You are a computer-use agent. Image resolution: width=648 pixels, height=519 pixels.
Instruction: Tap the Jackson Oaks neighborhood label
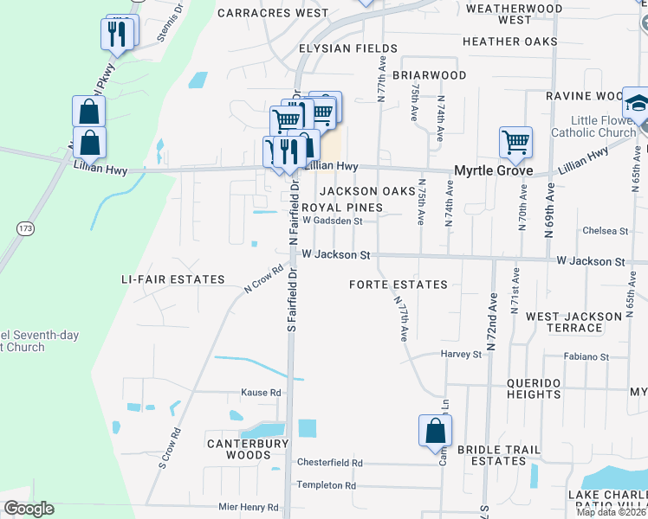pyautogui.click(x=361, y=191)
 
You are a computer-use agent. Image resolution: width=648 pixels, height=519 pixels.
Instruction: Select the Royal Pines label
pyautogui.click(x=341, y=208)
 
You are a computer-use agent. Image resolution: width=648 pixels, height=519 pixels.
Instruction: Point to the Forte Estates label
pyautogui.click(x=399, y=285)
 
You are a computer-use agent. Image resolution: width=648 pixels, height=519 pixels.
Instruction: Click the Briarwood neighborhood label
pyautogui.click(x=430, y=75)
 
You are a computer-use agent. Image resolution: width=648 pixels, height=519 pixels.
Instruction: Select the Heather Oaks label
pyautogui.click(x=509, y=42)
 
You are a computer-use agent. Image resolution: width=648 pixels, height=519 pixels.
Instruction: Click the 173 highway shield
pyautogui.click(x=24, y=227)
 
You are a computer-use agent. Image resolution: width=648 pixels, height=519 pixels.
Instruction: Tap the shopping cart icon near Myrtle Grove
pyautogui.click(x=515, y=140)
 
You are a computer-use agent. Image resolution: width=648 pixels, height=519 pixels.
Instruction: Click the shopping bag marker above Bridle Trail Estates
pyautogui.click(x=435, y=429)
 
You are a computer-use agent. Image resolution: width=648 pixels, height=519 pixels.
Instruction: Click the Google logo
pyautogui.click(x=29, y=509)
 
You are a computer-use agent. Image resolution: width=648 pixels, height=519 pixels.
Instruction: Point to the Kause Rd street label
pyautogui.click(x=263, y=393)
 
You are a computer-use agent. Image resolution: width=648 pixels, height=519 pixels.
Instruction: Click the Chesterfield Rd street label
pyautogui.click(x=330, y=463)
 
